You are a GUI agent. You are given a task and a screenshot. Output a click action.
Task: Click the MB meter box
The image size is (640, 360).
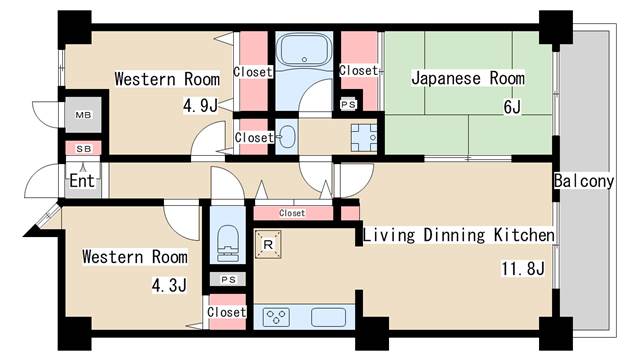tap(83, 115)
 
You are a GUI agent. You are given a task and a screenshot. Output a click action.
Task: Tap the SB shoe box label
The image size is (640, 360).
tap(84, 149)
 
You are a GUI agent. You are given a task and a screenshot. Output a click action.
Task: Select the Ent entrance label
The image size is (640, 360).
tap(82, 180)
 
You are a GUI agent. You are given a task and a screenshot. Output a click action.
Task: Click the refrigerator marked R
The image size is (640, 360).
tap(268, 244)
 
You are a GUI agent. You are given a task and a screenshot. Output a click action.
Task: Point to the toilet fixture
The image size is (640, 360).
tap(228, 243)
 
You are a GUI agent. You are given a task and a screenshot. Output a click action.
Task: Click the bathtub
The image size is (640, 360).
tap(304, 50)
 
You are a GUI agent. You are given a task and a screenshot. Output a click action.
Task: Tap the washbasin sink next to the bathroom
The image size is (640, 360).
tap(287, 137)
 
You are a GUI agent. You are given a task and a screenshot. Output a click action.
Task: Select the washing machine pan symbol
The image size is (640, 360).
tap(364, 138)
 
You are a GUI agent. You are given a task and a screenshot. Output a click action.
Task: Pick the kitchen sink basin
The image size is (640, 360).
tap(329, 317)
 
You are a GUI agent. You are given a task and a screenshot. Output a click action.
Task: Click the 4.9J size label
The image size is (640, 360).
tap(200, 106)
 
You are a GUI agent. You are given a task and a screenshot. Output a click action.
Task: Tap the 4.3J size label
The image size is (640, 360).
tap(169, 285)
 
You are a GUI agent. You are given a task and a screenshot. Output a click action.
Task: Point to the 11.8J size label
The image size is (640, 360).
tap(522, 269)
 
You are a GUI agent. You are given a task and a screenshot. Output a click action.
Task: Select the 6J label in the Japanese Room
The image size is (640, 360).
tap(512, 107)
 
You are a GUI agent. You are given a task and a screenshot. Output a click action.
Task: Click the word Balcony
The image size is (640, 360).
tap(584, 181)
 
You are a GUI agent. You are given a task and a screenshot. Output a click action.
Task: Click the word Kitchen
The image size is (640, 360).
tap(524, 235)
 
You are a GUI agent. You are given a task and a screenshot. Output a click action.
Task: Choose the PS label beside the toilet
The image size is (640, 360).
tap(229, 280)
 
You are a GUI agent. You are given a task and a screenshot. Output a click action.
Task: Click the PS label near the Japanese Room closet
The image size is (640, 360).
tap(348, 104)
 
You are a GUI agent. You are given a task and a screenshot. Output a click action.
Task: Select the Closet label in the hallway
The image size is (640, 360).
tap(292, 213)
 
